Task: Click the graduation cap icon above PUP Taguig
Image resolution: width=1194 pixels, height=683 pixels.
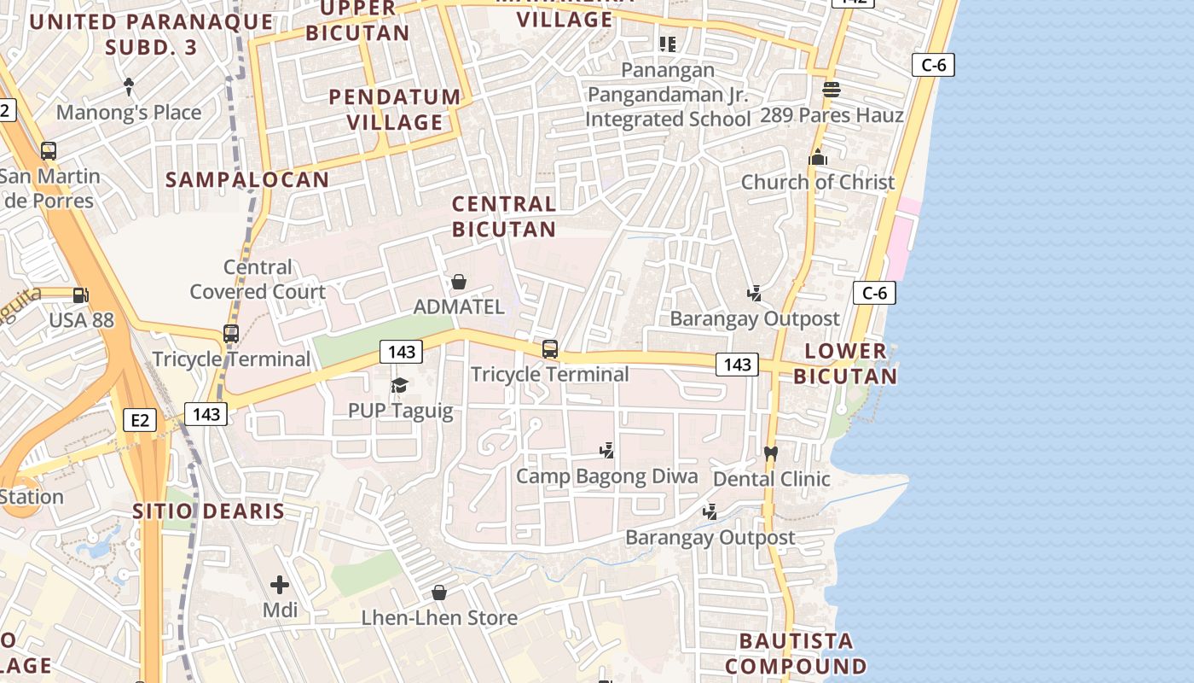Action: [x=399, y=386]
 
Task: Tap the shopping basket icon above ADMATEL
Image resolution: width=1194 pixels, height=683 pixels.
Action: [x=459, y=282]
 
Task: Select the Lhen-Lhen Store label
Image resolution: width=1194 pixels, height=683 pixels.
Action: [x=439, y=617]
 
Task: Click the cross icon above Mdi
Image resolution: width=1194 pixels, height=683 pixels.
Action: [x=279, y=585]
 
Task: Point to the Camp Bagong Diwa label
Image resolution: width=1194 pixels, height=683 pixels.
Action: [x=606, y=476]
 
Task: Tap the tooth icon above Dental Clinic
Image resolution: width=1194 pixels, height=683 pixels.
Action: [x=771, y=454]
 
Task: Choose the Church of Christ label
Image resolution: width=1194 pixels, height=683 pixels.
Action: [x=818, y=182]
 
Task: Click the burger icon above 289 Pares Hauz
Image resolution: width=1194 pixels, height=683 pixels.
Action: [x=831, y=89]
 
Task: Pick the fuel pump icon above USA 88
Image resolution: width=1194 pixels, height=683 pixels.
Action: [x=80, y=295]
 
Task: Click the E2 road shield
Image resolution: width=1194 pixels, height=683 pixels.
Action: [x=140, y=420]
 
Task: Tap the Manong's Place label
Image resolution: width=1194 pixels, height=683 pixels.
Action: [x=129, y=112]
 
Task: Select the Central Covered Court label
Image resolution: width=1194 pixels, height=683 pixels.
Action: [x=258, y=279]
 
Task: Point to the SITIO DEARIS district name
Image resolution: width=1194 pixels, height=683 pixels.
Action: [x=208, y=511]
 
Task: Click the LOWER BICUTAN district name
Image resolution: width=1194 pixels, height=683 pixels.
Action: [x=845, y=363]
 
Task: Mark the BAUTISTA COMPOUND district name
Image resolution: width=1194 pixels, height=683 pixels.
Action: [x=796, y=653]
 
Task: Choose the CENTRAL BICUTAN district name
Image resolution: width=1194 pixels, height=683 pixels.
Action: [x=504, y=216]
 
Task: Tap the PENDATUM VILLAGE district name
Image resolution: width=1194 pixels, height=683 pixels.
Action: [x=396, y=109]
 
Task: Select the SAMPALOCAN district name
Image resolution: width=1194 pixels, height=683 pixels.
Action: [x=247, y=179]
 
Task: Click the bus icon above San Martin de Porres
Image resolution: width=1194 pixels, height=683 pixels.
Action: [x=49, y=151]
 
